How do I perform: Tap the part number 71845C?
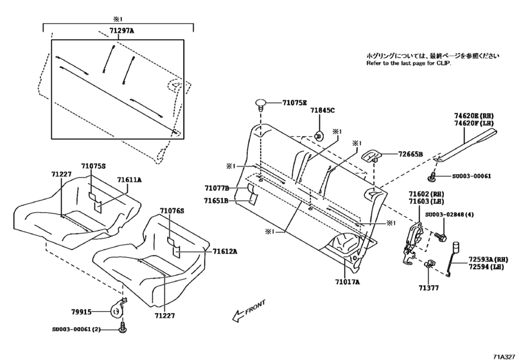(323, 111)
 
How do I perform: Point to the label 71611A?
(130, 181)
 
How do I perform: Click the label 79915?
(82, 312)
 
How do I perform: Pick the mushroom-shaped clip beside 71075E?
(261, 104)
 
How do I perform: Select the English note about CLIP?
(409, 64)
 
